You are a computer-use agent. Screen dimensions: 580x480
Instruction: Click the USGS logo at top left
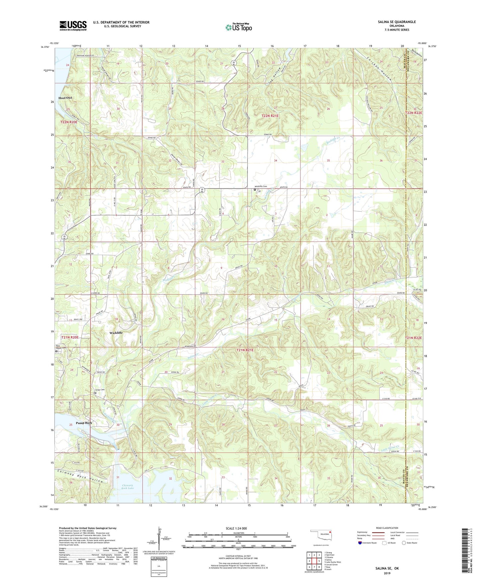point(73,26)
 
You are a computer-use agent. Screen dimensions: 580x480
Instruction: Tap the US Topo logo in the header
point(239,27)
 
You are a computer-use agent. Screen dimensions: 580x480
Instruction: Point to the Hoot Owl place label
point(65,98)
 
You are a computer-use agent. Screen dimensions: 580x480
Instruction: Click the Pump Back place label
point(84,423)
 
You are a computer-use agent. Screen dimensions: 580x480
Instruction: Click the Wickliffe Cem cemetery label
point(261,186)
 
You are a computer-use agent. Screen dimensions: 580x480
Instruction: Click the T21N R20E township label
point(70,337)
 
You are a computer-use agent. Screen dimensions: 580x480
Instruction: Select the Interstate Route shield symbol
point(360,543)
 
